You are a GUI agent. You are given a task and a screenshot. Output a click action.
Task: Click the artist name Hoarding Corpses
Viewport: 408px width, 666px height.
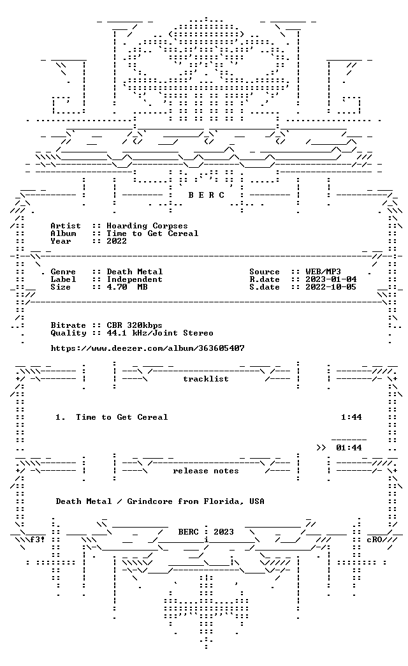tap(147, 226)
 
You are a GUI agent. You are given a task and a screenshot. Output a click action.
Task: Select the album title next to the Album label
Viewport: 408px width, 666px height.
tap(152, 233)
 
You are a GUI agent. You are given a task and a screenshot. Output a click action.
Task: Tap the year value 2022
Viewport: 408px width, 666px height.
tap(117, 241)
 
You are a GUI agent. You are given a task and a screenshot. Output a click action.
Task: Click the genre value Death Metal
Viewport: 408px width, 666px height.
tap(135, 272)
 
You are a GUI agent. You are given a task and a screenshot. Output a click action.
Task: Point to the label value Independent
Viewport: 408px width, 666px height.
tap(135, 279)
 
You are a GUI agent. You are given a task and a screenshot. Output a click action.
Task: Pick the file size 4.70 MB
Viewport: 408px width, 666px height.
tap(127, 287)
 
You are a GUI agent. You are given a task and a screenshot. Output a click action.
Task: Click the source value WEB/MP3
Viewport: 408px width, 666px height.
tap(323, 272)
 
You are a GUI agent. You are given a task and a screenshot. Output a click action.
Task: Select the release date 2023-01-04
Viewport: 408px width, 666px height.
tap(331, 279)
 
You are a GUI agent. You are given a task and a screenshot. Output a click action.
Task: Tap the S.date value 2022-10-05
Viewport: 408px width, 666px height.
tap(331, 287)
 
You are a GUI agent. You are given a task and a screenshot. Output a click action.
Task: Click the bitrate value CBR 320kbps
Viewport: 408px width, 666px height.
tap(135, 325)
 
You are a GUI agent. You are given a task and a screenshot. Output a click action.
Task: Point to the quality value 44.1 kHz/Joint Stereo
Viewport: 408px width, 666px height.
tap(160, 333)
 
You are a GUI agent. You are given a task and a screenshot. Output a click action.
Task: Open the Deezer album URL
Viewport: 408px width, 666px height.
tap(148, 348)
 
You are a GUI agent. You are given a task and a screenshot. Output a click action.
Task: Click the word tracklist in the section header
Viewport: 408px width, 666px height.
tap(206, 379)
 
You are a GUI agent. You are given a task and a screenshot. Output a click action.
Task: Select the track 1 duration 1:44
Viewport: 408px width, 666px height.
tap(351, 417)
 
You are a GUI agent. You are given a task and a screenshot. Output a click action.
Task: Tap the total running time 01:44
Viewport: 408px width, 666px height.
tap(349, 448)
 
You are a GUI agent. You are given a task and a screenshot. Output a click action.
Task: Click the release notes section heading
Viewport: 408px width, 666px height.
tap(206, 471)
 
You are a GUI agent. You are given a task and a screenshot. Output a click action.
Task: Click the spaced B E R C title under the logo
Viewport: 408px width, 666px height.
tap(207, 195)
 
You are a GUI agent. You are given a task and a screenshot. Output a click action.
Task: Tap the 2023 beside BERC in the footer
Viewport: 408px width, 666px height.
tap(224, 532)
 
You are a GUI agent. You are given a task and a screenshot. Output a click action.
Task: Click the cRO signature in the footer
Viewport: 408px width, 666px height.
tap(375, 540)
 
